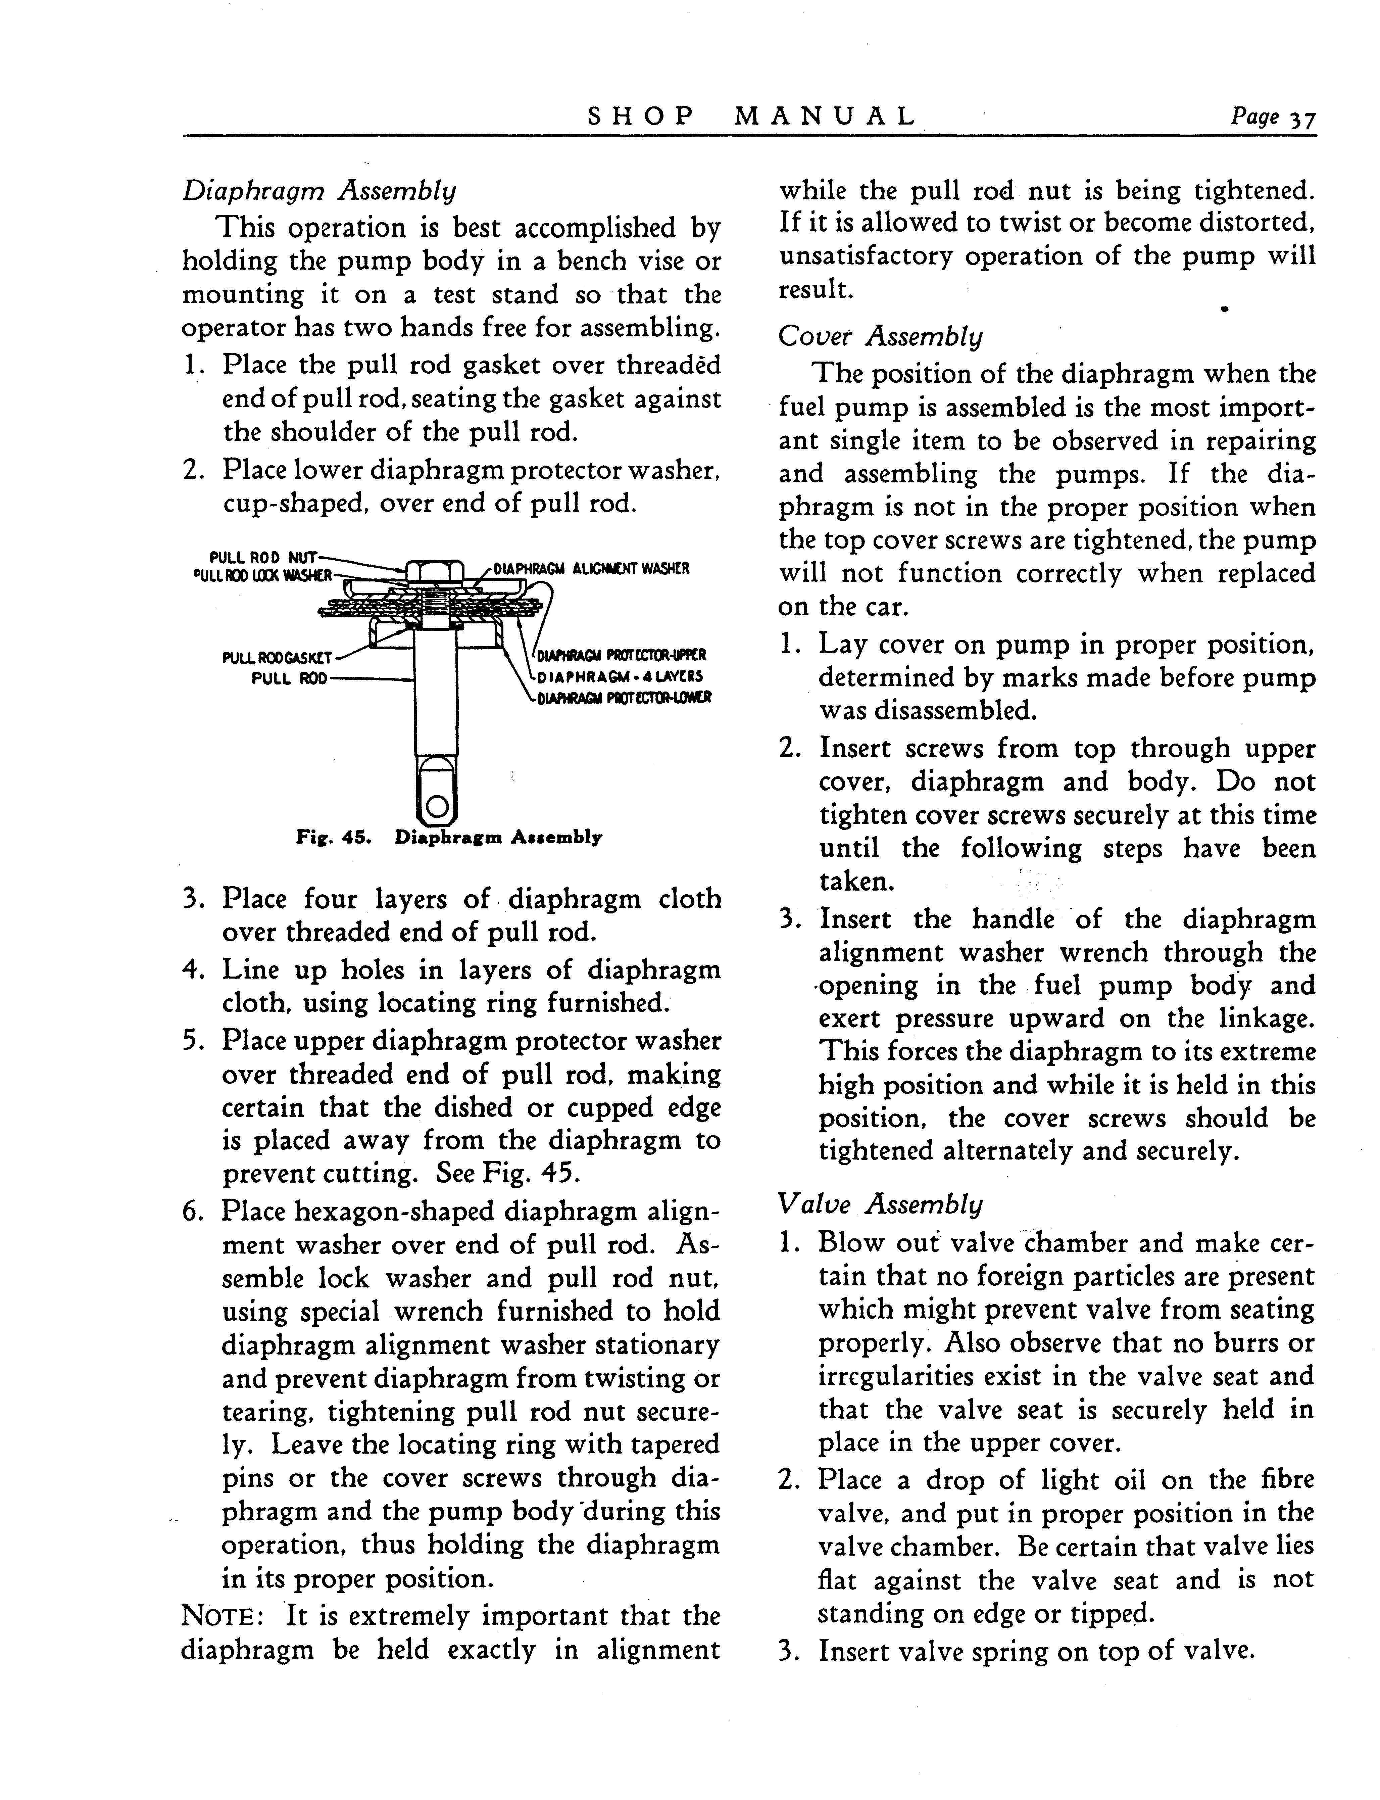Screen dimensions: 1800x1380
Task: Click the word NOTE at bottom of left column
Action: coord(220,1617)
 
